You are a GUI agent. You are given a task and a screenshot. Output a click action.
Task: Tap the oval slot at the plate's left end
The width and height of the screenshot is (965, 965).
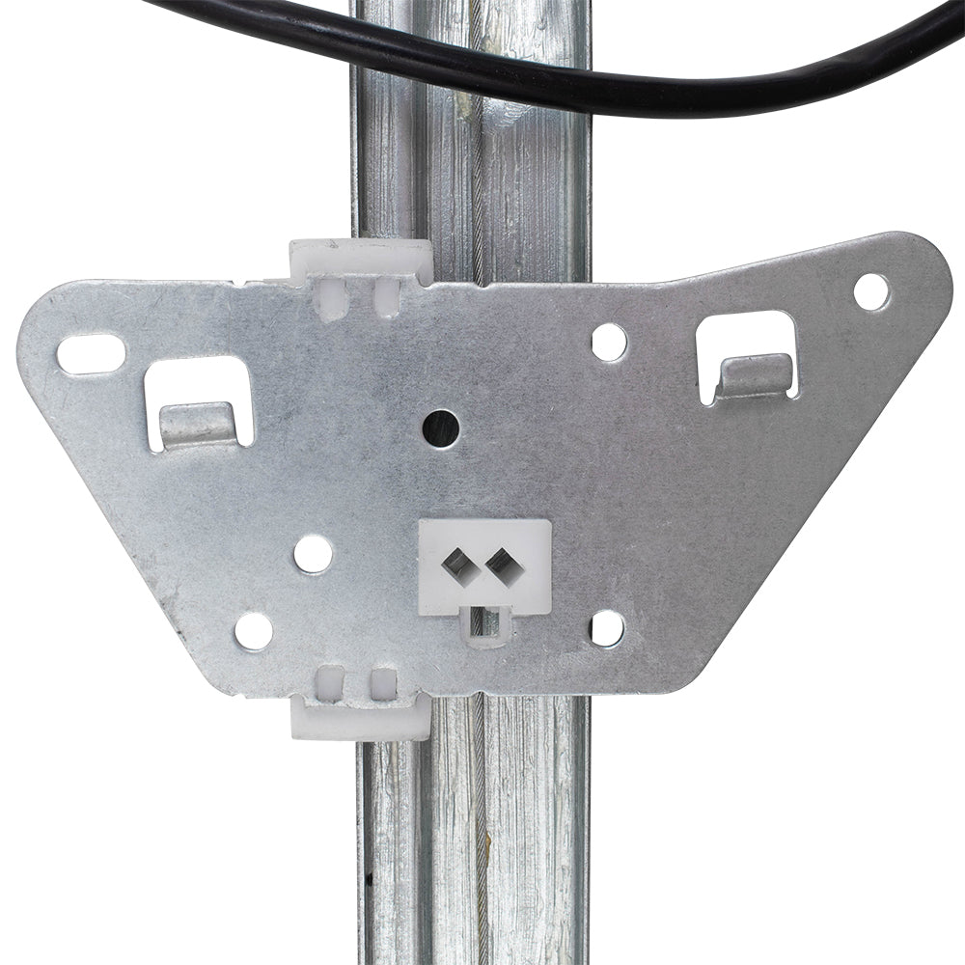[x=90, y=353]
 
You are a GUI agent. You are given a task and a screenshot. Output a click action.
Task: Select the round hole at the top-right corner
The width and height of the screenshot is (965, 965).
[x=871, y=291]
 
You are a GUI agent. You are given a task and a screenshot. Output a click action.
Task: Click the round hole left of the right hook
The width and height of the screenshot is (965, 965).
[x=609, y=343]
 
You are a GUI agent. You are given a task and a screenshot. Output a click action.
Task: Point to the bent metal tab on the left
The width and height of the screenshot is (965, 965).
[x=197, y=424]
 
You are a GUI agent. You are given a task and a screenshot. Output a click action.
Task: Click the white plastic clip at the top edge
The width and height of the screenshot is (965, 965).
[x=361, y=259]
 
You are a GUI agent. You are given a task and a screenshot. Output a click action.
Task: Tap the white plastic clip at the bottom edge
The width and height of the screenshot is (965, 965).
[x=360, y=719]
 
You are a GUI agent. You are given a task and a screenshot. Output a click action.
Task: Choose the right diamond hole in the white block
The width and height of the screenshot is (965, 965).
[x=499, y=562]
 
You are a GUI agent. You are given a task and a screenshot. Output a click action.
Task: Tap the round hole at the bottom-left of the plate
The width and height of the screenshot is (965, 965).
[x=254, y=630]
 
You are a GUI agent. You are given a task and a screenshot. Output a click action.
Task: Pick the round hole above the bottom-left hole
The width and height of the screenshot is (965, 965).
[x=313, y=554]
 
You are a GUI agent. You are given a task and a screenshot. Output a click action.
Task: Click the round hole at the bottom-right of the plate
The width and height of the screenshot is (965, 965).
[x=607, y=628]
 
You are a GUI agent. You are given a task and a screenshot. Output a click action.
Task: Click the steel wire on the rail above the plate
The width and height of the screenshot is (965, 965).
[x=476, y=193]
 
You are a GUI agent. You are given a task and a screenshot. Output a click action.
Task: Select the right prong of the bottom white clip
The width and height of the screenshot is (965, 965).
[x=383, y=684]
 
